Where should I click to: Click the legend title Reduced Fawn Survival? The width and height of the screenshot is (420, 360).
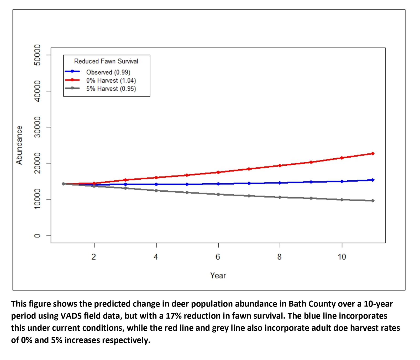[x=106, y=61]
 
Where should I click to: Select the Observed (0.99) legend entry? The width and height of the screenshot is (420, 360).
[x=108, y=72]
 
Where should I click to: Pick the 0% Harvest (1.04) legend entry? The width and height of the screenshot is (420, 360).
[x=111, y=80]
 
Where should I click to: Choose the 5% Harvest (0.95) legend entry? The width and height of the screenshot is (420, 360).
[x=111, y=89]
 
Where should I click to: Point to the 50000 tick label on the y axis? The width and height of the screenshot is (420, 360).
[x=38, y=55]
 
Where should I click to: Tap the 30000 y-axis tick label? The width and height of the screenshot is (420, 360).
[x=38, y=127]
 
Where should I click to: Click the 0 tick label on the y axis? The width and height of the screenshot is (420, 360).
[x=38, y=236]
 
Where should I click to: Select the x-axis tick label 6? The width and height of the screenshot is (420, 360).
[x=218, y=257]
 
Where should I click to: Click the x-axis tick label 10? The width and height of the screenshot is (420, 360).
[x=342, y=257]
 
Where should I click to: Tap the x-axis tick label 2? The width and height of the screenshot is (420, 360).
[x=94, y=257]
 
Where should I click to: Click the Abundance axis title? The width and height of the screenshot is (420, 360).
[x=19, y=145]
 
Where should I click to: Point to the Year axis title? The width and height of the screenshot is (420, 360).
[x=218, y=276]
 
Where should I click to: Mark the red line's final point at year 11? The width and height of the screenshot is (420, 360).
[x=373, y=153]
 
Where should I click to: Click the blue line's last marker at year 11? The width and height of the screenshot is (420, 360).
[x=373, y=180]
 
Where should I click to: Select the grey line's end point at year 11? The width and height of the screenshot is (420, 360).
[x=373, y=201]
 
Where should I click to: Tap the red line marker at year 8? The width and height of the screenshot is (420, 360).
[x=280, y=165]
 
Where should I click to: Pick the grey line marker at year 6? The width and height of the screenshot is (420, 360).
[x=218, y=194]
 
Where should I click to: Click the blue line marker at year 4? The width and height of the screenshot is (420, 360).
[x=156, y=184]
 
